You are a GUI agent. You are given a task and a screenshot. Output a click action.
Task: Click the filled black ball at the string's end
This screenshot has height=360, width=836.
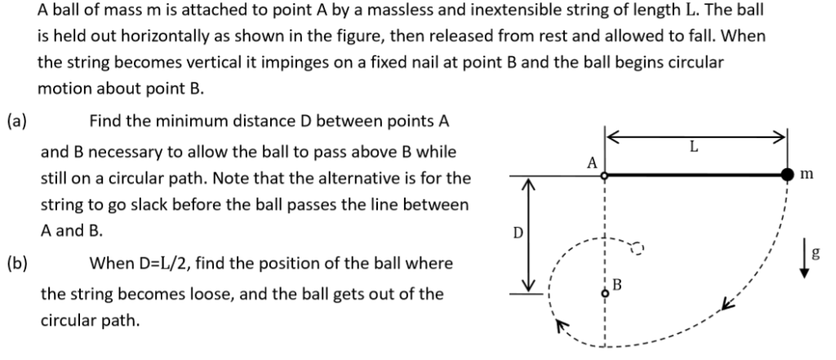(788, 175)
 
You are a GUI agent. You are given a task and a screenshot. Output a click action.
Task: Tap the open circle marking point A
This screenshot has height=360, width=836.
(603, 175)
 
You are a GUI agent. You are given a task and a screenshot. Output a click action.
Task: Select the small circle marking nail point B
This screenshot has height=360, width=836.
(604, 297)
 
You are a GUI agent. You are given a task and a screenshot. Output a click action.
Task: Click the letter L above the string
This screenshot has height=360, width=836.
(694, 149)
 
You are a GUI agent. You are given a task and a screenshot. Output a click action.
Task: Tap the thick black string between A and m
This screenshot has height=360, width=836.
(694, 175)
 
